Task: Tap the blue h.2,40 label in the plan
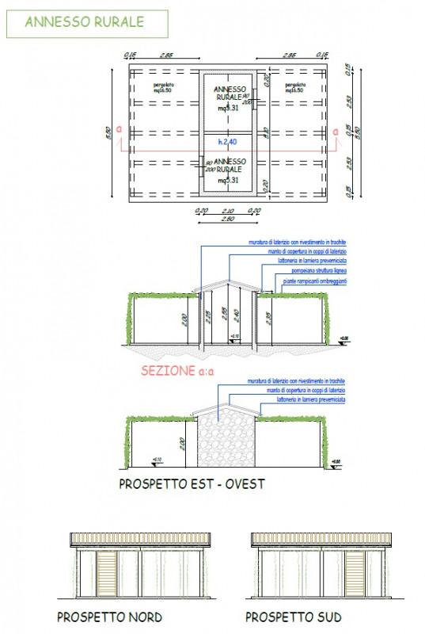[228, 143]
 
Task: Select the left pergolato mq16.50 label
[164, 88]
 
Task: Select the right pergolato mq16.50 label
[294, 88]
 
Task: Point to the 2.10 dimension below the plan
[228, 211]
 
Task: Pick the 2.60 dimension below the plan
[228, 219]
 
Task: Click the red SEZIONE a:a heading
[178, 370]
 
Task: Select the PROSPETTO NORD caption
[110, 617]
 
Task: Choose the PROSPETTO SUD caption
[294, 617]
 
